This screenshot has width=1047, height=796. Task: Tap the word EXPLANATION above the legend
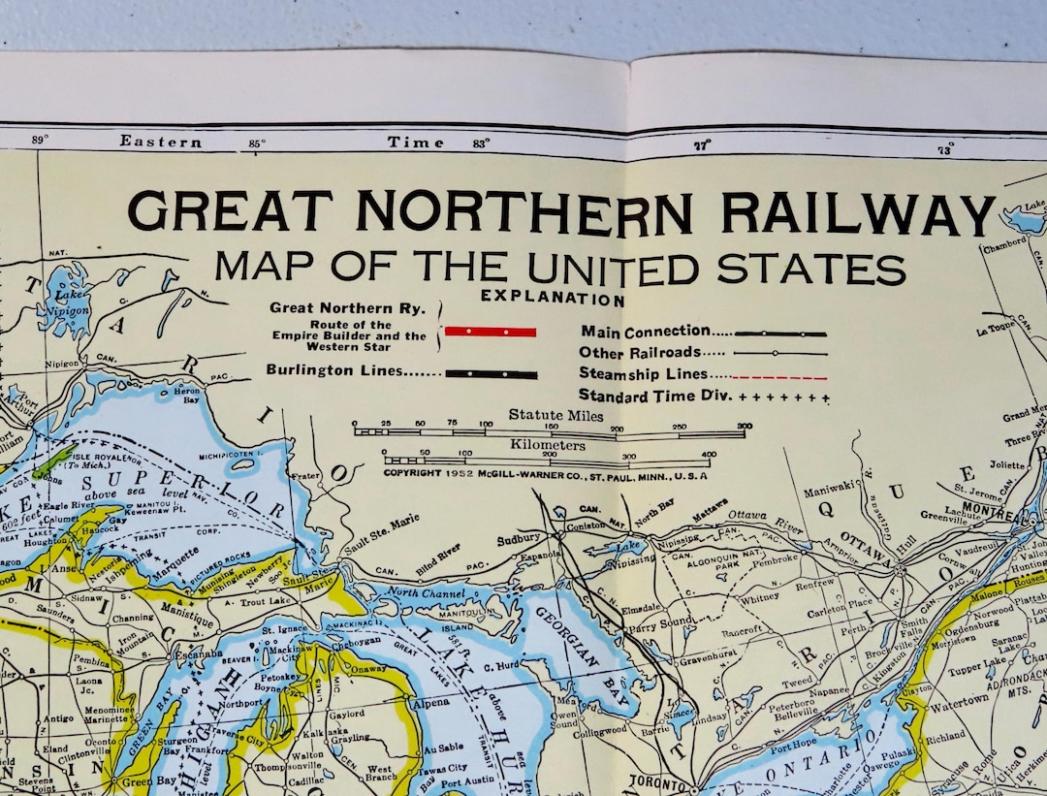point(553,300)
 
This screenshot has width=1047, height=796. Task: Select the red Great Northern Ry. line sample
point(490,332)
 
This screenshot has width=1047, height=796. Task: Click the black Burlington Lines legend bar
point(491,373)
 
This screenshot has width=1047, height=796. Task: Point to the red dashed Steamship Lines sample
point(780,376)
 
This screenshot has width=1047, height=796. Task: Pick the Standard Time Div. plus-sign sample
point(784,398)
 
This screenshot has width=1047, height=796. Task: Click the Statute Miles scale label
point(555,416)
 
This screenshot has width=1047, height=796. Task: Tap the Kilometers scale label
point(548,445)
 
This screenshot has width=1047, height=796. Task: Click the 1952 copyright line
point(545,475)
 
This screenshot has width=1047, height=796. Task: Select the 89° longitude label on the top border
point(40,140)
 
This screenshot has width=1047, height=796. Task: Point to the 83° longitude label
point(481,144)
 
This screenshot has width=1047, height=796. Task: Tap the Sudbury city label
point(517,538)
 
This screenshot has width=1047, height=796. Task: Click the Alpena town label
point(433,703)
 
